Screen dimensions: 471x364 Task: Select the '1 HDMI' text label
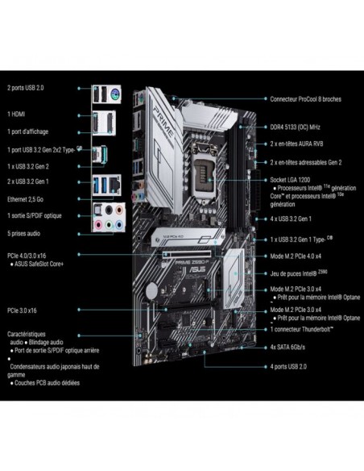click(16, 115)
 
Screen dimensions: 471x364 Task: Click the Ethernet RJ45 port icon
click(115, 185)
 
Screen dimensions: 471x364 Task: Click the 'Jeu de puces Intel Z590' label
click(300, 273)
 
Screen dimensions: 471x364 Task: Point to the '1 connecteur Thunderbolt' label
click(303, 329)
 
